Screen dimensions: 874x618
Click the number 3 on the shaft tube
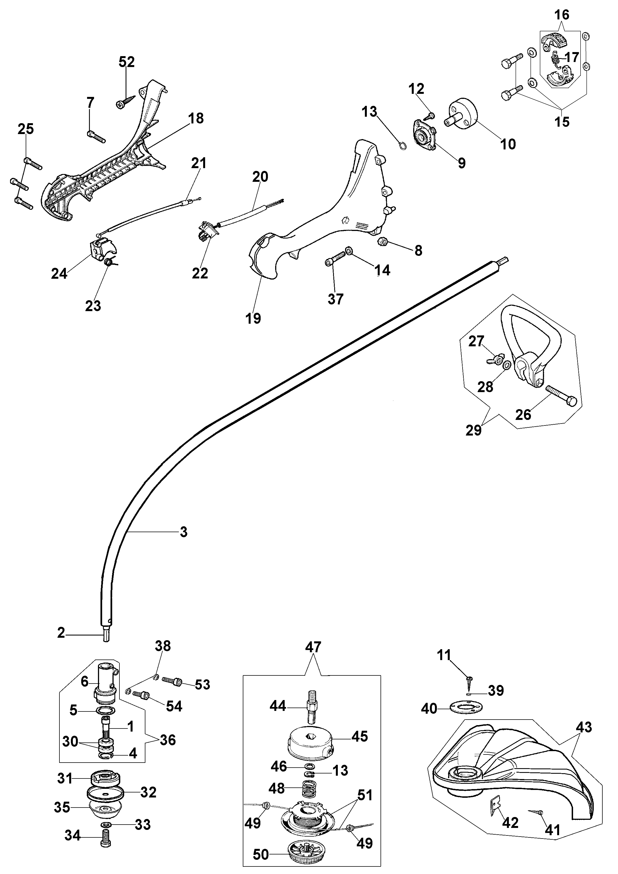[184, 532]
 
